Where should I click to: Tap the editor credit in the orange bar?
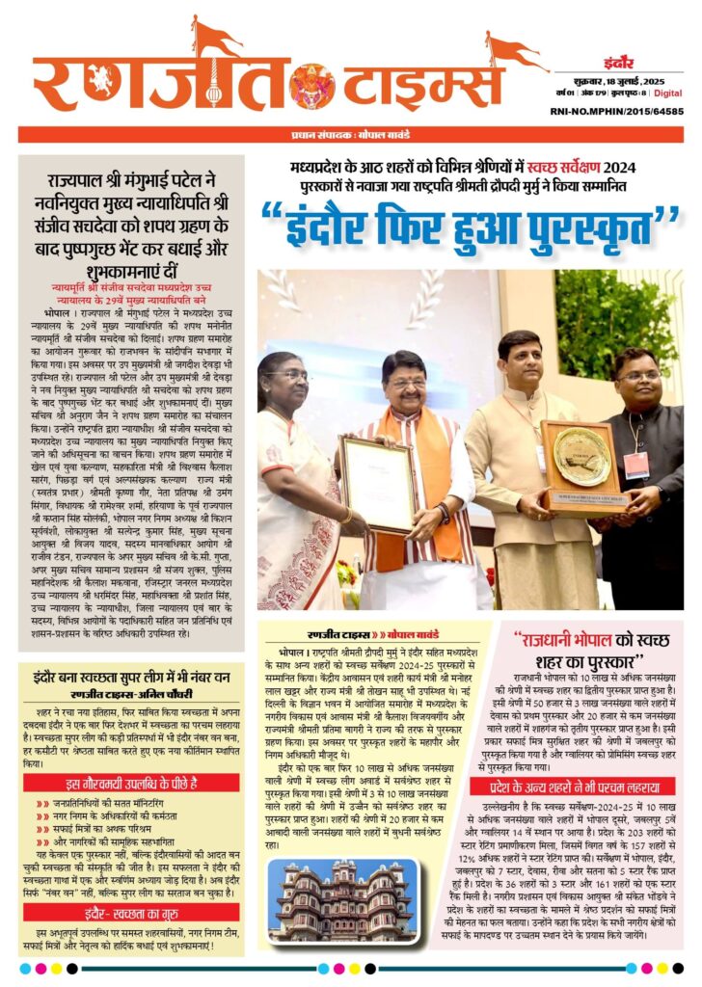(350, 134)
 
